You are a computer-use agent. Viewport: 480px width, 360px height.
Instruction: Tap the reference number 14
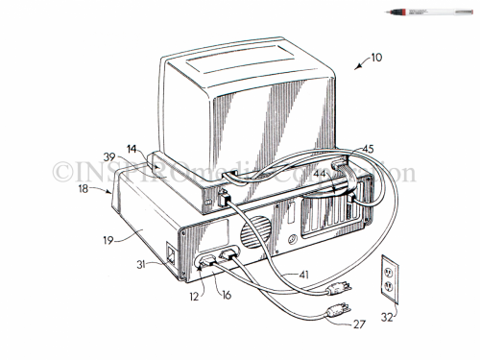click(x=132, y=149)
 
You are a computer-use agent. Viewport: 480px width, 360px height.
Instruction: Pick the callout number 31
click(x=140, y=266)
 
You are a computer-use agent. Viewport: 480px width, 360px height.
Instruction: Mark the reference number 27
click(x=358, y=324)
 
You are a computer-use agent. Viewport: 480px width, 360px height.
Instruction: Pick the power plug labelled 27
click(x=335, y=309)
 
